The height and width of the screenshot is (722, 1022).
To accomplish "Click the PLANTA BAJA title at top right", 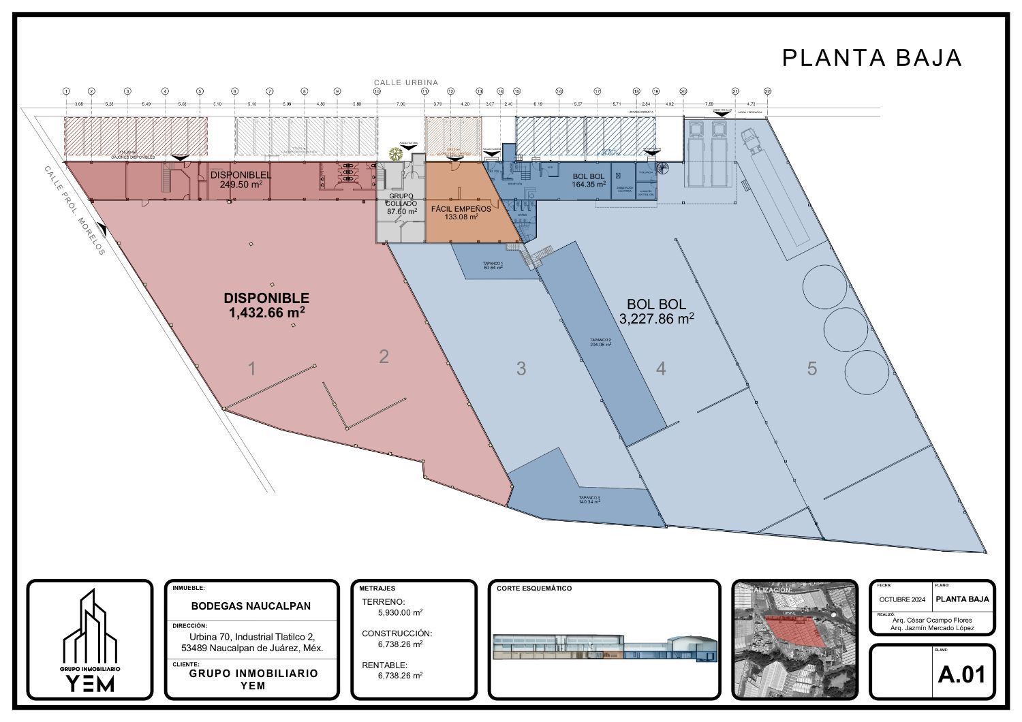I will point(871,58).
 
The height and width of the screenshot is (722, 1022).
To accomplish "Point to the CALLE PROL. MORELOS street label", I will point(75,210).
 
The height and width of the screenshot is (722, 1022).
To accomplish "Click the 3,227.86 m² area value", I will point(657,318).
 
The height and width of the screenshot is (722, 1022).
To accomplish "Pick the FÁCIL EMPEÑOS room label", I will point(461,208).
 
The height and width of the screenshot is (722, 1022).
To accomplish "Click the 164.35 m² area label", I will point(589,184).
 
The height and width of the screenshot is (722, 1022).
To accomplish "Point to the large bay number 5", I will point(811,368).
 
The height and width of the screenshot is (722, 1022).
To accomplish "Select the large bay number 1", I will point(252,369).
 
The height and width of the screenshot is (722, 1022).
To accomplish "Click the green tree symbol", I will point(394,153).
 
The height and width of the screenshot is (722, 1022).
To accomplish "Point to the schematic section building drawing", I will point(604,646).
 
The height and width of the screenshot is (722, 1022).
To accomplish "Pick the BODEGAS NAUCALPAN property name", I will point(251,606).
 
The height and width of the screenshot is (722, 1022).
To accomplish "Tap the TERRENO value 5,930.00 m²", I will point(401,612).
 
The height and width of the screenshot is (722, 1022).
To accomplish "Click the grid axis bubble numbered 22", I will point(767,91).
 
